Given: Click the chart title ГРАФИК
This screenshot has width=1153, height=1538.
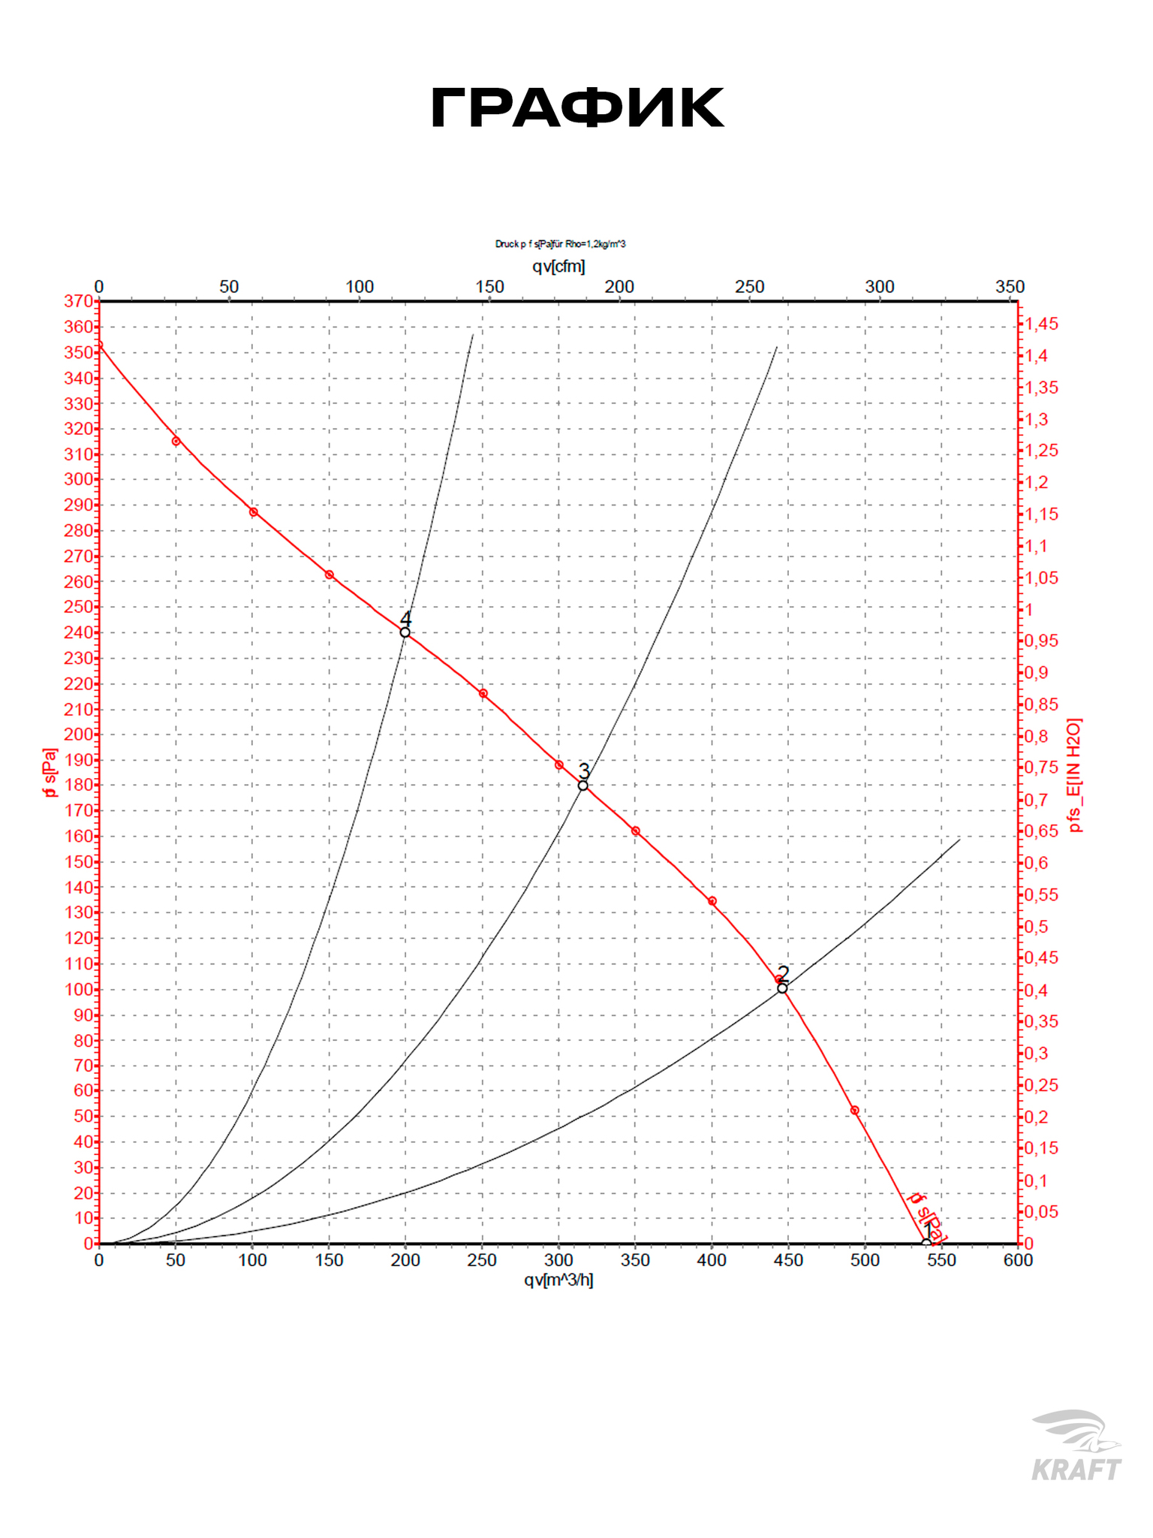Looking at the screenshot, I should pos(576,110).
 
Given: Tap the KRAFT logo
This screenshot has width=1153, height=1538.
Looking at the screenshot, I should pos(1076,1446).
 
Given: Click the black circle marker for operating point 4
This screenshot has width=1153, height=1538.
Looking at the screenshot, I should pos(405,632).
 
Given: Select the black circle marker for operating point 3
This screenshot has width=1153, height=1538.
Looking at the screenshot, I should pos(583,786).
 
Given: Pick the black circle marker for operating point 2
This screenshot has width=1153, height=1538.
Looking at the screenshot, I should pos(782,988).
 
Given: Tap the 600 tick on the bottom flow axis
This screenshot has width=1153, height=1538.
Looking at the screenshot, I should pos(1018,1260).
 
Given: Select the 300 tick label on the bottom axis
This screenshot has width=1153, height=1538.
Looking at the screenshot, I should pos(558,1260).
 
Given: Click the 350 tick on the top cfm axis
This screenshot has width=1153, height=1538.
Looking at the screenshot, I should pos(1010,287).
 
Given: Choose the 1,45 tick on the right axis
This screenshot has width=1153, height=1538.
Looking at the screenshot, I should pos(1042,324).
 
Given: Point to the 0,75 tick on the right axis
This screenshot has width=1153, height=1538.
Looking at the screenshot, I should pos(1042,767).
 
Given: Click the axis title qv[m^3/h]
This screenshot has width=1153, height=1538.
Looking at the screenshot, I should pos(558,1280).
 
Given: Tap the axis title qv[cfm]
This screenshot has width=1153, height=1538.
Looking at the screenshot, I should pos(558,266).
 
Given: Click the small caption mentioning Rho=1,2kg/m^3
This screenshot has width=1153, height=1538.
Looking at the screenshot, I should pos(560,244).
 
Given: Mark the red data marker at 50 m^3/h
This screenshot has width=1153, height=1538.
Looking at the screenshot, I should pos(176,442).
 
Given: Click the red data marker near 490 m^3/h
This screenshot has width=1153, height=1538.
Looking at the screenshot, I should pos(854,1111).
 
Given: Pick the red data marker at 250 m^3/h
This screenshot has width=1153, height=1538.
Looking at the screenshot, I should pos(483,694).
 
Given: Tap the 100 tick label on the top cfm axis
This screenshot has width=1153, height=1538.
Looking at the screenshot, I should pos(360,287).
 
